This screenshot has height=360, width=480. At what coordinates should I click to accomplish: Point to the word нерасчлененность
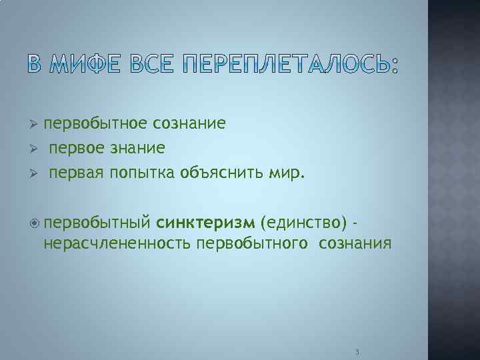point(117,243)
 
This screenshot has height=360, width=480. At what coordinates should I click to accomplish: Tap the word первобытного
point(252,243)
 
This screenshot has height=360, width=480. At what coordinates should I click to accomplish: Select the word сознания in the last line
point(355,243)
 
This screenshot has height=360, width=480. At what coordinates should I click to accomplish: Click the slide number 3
point(357,351)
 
